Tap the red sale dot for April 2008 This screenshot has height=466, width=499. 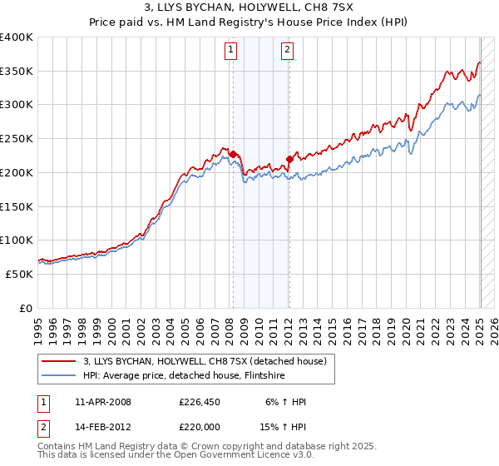click(233, 154)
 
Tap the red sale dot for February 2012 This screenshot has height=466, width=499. click(289, 158)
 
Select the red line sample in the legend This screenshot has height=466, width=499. click(59, 361)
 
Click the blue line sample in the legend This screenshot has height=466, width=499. click(59, 375)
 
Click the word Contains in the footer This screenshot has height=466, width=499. click(58, 448)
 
